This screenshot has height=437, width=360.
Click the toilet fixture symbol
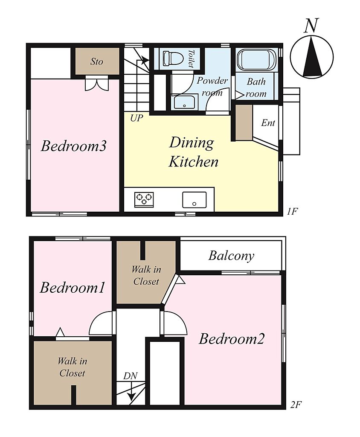(x=173, y=58)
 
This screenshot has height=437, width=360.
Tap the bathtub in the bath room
(x=256, y=60)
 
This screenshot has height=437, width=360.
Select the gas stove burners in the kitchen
(x=144, y=199)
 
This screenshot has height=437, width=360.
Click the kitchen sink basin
(x=195, y=200)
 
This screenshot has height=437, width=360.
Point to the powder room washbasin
(x=184, y=102)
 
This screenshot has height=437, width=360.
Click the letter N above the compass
(x=311, y=26)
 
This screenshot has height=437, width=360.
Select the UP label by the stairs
(x=136, y=119)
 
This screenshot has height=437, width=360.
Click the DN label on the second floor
(x=131, y=376)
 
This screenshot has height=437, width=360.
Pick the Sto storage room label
(x=97, y=61)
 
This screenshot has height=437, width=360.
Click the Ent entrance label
(x=268, y=122)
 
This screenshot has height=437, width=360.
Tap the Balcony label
(x=231, y=256)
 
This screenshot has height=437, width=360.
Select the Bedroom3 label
(x=73, y=146)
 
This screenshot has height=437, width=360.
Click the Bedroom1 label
(x=73, y=287)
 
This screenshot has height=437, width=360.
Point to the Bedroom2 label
(x=231, y=339)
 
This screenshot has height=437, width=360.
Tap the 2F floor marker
(x=296, y=405)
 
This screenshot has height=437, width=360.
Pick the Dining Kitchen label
(x=193, y=152)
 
